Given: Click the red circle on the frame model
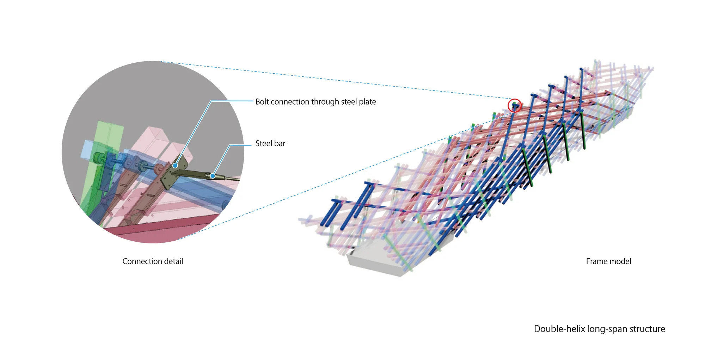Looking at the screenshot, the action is point(514,105).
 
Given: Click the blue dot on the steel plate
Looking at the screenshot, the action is point(175,165).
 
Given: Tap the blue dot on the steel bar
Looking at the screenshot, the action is point(213,176).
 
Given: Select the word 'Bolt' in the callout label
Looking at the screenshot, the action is point(262,102).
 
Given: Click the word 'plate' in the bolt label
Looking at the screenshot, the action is point(367,102).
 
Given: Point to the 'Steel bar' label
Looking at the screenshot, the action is point(270,143).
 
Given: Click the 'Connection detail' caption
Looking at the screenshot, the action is point(153,261).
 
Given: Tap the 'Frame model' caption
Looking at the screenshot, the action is point(608,261).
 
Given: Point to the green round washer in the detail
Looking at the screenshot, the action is point(96,158).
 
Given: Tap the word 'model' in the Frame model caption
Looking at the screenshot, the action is point(621,261).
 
